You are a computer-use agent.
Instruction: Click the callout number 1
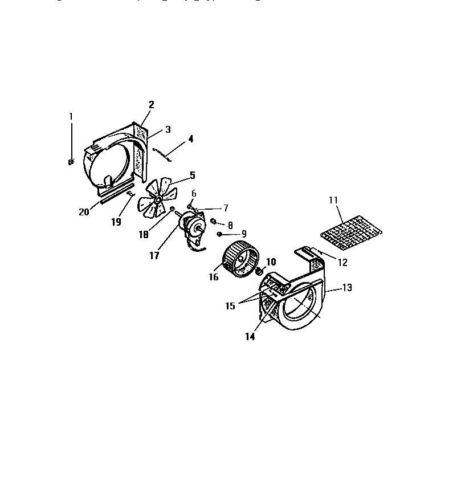71,116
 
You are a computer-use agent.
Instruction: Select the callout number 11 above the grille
333,200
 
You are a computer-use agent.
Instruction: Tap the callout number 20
84,212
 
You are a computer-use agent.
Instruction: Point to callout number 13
347,288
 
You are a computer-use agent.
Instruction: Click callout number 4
191,138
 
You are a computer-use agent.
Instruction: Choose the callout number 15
230,306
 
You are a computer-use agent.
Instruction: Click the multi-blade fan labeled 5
154,197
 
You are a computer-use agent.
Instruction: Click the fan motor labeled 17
193,226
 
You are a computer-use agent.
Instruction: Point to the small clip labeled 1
71,162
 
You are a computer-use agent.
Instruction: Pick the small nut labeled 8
214,221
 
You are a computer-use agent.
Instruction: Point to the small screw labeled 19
130,195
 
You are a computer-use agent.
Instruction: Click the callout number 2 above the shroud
152,104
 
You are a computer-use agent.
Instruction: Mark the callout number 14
250,336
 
